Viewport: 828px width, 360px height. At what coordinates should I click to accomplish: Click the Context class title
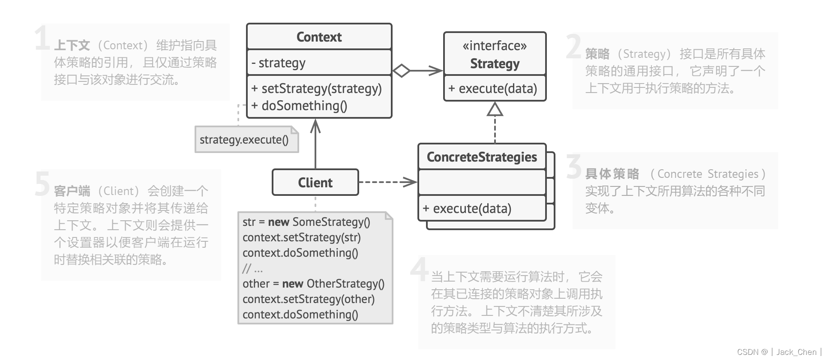point(319,37)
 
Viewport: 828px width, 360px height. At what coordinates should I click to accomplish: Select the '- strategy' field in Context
point(278,63)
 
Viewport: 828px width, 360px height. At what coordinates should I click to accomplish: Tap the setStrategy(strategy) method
point(316,89)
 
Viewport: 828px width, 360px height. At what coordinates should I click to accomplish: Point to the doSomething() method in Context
point(299,106)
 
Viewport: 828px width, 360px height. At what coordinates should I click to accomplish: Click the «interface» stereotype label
point(495,46)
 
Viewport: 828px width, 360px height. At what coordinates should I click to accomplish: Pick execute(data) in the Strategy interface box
point(492,89)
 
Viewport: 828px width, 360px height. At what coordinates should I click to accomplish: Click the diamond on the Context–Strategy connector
point(402,71)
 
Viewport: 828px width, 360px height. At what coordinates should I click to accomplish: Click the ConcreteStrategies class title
point(482,157)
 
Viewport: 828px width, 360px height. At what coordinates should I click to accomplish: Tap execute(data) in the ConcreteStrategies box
point(467,209)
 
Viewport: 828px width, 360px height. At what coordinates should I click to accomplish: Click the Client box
point(315,183)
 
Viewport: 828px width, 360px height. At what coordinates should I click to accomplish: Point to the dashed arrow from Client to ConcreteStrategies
point(388,182)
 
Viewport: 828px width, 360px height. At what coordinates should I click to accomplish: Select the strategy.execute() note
point(247,139)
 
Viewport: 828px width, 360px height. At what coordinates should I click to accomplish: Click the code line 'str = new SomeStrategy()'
point(306,222)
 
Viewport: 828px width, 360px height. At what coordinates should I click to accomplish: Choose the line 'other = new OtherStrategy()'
point(313,284)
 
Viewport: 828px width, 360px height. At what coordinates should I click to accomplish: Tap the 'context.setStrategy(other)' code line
point(309,299)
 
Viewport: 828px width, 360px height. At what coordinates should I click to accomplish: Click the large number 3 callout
point(574,167)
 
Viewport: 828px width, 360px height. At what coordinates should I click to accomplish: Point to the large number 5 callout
point(42,184)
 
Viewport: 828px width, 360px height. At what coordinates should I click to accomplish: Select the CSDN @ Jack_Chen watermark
point(778,352)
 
